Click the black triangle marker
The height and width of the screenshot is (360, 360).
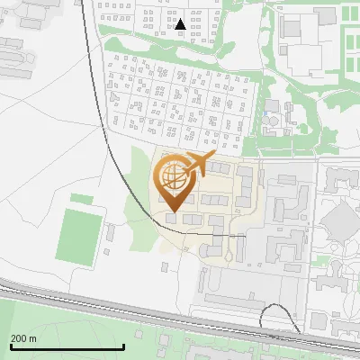pyautogui.click(x=181, y=24)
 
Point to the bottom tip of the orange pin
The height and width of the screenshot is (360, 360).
pyautogui.click(x=175, y=211)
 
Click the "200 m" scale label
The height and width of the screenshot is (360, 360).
pyautogui.click(x=23, y=338)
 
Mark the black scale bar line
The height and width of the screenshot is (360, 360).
pyautogui.click(x=67, y=346)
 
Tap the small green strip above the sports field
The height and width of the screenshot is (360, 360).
pyautogui.click(x=81, y=199)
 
